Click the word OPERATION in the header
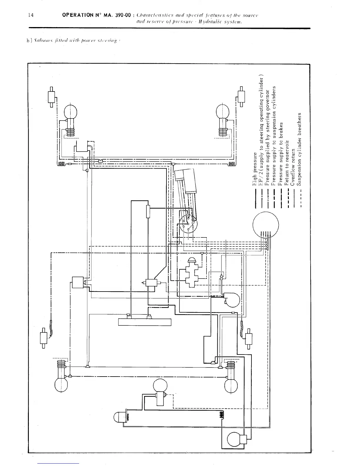pyautogui.click(x=77, y=15)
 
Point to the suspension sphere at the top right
pyautogui.click(x=223, y=111)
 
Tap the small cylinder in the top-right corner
pyautogui.click(x=241, y=96)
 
